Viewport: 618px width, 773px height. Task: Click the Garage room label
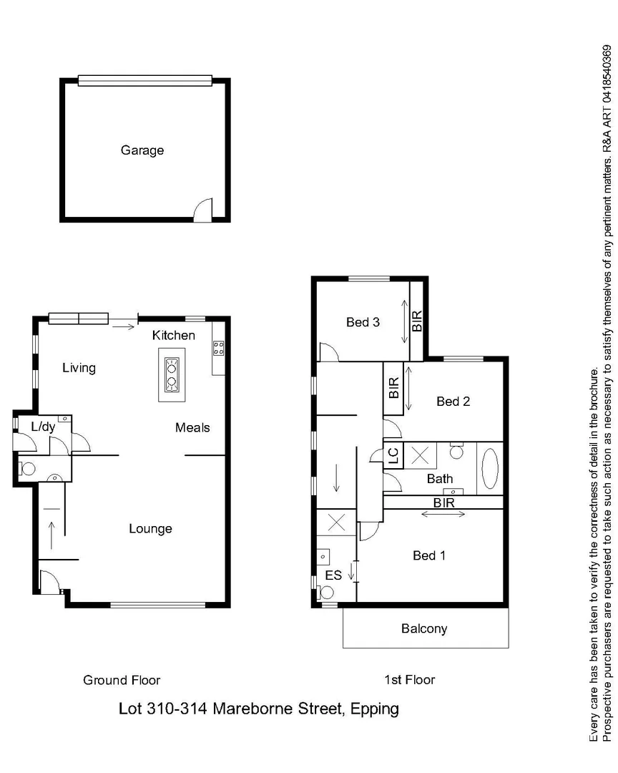[x=142, y=150]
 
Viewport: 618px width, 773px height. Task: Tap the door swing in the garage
[x=204, y=209]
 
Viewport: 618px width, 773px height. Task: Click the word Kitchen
[x=174, y=335]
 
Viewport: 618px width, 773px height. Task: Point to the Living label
[x=79, y=368]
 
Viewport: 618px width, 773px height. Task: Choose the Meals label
[x=192, y=427]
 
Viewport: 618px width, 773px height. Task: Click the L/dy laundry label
[x=43, y=427]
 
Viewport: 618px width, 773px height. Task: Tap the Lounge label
[x=150, y=529]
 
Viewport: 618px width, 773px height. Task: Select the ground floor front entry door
[x=49, y=583]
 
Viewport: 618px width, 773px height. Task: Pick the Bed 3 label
[x=363, y=322]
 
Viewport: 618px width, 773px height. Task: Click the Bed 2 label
[x=453, y=402]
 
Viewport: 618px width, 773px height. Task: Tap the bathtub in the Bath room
[x=490, y=468]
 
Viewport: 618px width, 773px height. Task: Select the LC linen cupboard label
[x=392, y=454]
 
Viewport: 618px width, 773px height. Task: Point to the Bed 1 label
[x=429, y=555]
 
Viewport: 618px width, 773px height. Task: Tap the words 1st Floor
[x=408, y=680]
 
